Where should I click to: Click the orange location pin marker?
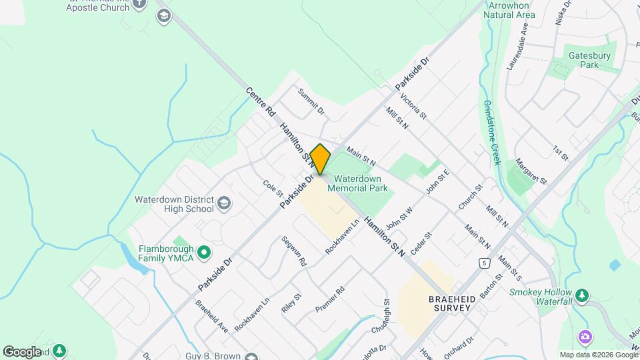tap(320, 159)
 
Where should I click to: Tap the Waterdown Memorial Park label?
tap(361, 183)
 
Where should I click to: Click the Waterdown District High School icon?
tap(224, 203)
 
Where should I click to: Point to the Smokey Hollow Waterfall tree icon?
tap(582, 294)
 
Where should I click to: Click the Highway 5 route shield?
tap(481, 263)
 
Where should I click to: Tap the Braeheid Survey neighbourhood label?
tap(452, 304)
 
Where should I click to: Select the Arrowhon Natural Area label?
tap(511, 9)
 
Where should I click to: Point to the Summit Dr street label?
tap(311, 101)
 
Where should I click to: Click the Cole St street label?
tap(273, 189)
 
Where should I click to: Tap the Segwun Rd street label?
tap(293, 251)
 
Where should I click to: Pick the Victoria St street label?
tap(414, 106)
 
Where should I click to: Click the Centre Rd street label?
tap(261, 102)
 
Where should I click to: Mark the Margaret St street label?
tap(531, 171)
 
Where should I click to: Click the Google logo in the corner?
tap(22, 352)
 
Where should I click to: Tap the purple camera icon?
tap(585, 337)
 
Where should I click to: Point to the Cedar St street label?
tap(422, 243)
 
